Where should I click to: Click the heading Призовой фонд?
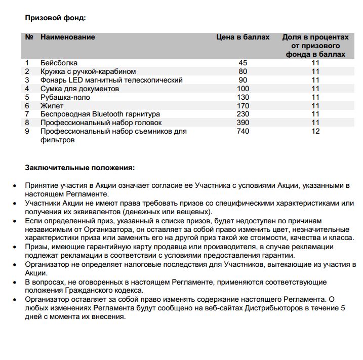(56, 18)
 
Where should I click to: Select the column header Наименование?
(68, 37)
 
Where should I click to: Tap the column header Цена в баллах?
(243, 37)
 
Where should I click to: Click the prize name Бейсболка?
(59, 63)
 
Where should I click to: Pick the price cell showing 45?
(243, 63)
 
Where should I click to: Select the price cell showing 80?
(243, 71)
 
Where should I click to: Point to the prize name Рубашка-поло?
(65, 97)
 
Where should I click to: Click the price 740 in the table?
(243, 132)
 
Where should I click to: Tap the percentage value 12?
(315, 132)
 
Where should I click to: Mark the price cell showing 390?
(243, 123)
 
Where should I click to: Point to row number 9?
(28, 132)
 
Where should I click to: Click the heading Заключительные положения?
(80, 167)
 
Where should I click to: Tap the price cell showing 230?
(243, 114)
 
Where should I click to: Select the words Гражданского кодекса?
(105, 291)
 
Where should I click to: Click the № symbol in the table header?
(29, 37)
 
